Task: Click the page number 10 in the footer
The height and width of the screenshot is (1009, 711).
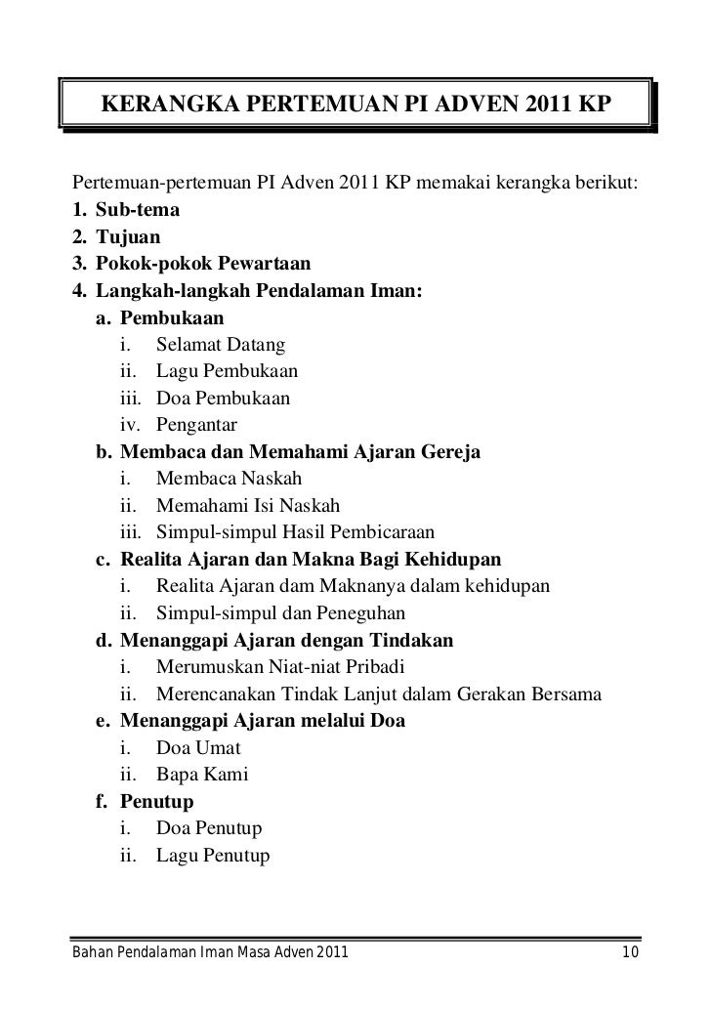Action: point(630,953)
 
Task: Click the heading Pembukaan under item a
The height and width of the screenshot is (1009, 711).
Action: point(172,317)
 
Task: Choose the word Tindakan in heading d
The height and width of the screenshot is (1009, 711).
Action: point(409,641)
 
